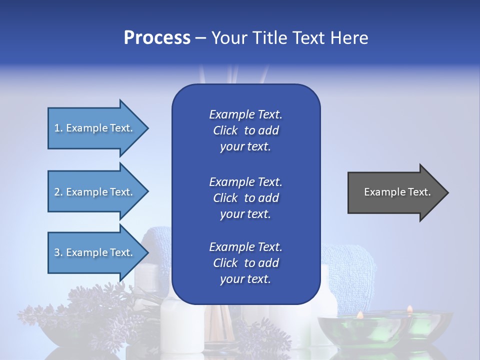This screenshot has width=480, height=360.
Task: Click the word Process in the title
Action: click(157, 38)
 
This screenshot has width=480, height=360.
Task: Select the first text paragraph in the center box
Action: click(245, 130)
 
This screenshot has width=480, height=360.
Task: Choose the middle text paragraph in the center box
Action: click(245, 198)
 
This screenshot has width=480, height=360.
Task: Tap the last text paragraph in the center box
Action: click(245, 263)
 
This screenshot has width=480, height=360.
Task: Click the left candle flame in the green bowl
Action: click(359, 314)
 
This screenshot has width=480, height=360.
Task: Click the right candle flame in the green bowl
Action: click(409, 309)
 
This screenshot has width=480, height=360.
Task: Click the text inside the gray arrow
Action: click(397, 192)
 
